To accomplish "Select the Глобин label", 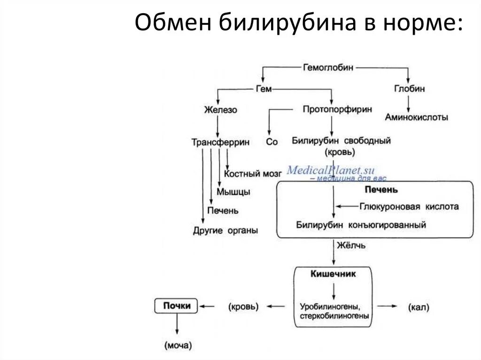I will [410, 89].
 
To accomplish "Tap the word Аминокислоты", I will [416, 117].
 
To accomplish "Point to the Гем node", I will [264, 89].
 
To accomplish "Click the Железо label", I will [220, 110].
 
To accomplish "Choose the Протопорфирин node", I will [337, 109].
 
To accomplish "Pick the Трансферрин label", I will [220, 142].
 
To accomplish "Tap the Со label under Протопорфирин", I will [272, 142].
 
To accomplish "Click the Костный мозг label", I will [252, 174].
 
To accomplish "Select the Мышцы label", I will [233, 192].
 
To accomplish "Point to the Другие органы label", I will [225, 231].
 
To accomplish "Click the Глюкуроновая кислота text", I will [409, 207].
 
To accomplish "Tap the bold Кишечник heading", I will [333, 274].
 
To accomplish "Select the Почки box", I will [177, 306].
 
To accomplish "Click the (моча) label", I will [178, 346].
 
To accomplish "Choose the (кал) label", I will [419, 307].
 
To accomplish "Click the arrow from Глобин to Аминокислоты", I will [408, 103].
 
